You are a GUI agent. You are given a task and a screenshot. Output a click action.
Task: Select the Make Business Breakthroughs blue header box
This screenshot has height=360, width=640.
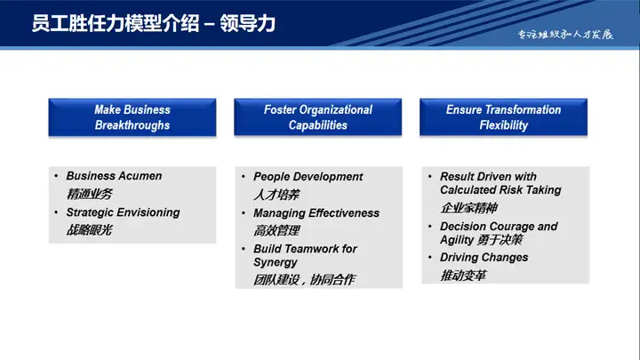pyautogui.click(x=132, y=117)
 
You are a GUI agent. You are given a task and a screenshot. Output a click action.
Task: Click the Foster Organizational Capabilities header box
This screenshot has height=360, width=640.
pyautogui.click(x=317, y=117)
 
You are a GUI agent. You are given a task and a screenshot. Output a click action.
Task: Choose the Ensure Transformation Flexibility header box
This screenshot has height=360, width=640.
pyautogui.click(x=503, y=117)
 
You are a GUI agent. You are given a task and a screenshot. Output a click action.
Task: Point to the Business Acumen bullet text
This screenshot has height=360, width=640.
pyautogui.click(x=114, y=176)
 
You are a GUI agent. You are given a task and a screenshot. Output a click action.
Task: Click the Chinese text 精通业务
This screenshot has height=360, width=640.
pyautogui.click(x=90, y=194)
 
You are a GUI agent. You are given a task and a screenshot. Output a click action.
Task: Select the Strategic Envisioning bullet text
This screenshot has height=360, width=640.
pyautogui.click(x=123, y=212)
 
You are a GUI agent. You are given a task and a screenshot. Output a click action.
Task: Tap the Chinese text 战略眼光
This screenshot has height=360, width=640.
pyautogui.click(x=90, y=230)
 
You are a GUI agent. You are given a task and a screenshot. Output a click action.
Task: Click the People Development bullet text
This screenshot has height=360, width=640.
pyautogui.click(x=308, y=177)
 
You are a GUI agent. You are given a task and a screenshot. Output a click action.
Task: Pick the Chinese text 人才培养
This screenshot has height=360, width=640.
pyautogui.click(x=276, y=195)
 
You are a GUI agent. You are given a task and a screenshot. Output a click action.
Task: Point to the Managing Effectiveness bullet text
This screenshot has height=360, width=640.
pyautogui.click(x=316, y=213)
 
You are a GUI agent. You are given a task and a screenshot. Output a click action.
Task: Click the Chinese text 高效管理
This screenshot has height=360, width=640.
pyautogui.click(x=276, y=231)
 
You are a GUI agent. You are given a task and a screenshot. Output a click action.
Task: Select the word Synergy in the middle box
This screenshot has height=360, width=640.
pyautogui.click(x=276, y=262)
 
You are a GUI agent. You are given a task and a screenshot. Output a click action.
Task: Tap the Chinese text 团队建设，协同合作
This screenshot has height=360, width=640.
pyautogui.click(x=304, y=280)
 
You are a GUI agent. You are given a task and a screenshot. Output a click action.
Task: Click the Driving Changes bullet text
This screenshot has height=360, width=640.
pyautogui.click(x=484, y=258)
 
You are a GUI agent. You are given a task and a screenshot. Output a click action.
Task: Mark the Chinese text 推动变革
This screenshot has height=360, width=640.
pyautogui.click(x=463, y=276)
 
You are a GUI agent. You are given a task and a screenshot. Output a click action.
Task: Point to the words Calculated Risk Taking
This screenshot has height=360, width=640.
pyautogui.click(x=500, y=190)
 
